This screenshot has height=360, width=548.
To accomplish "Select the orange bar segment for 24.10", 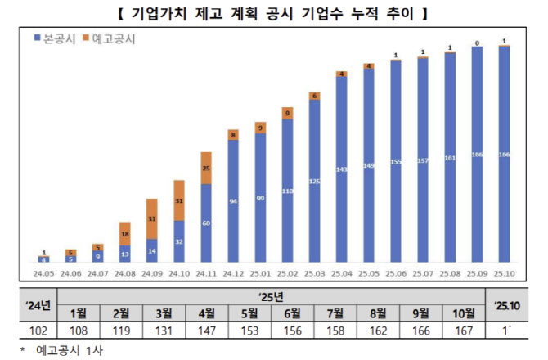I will point(179,200).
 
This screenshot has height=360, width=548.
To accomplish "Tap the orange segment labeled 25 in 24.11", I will point(206,168).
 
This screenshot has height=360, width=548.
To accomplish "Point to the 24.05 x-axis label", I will point(44,274).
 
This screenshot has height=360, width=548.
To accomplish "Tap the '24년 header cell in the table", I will point(38,306).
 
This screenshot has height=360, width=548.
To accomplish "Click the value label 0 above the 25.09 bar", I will point(477,42).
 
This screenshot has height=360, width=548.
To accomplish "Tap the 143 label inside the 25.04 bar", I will point(341,169).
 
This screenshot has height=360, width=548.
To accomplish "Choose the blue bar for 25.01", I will point(260,200).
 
